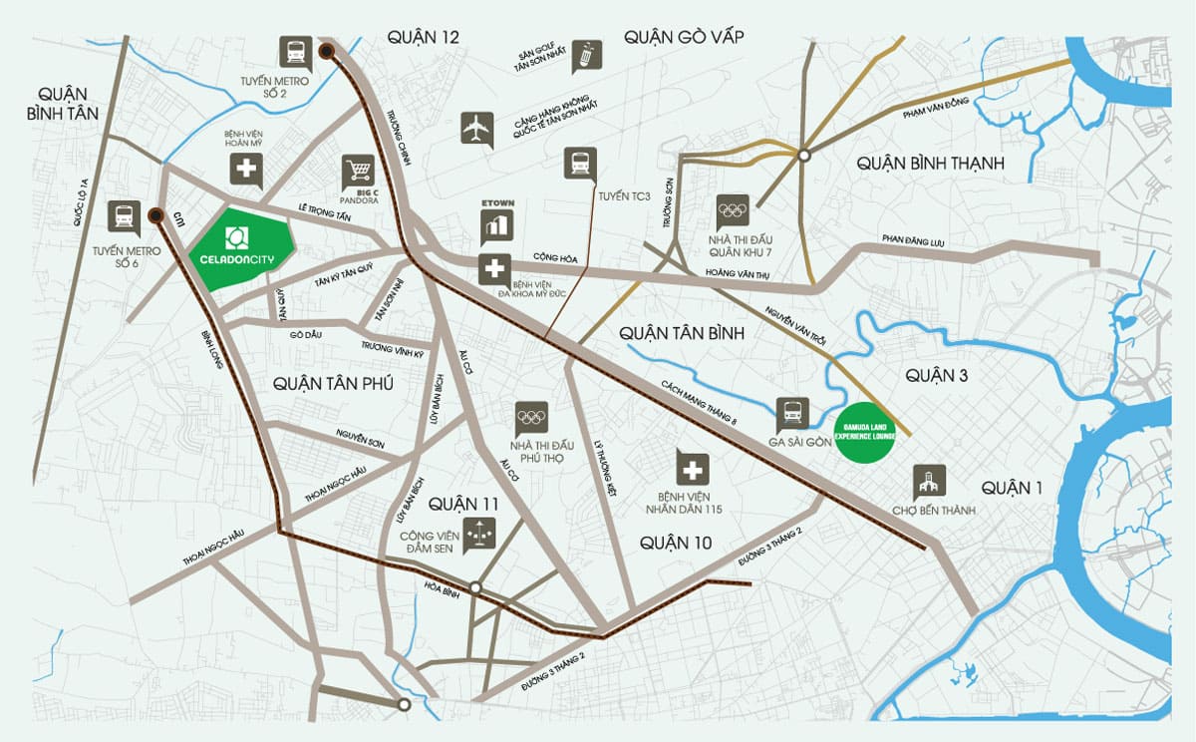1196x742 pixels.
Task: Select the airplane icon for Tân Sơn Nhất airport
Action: point(477,129)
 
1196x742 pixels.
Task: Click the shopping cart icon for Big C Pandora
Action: point(357,171)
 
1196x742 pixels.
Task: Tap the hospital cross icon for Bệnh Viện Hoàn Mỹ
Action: point(246,170)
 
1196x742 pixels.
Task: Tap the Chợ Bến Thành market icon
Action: point(929,482)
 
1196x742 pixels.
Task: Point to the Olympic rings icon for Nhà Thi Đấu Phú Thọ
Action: point(531,417)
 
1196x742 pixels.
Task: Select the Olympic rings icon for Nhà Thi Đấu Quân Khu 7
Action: point(732,209)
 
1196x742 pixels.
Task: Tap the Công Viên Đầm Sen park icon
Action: point(479,534)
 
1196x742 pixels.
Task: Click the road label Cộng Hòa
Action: point(555,258)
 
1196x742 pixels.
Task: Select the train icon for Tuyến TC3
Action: point(579,164)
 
